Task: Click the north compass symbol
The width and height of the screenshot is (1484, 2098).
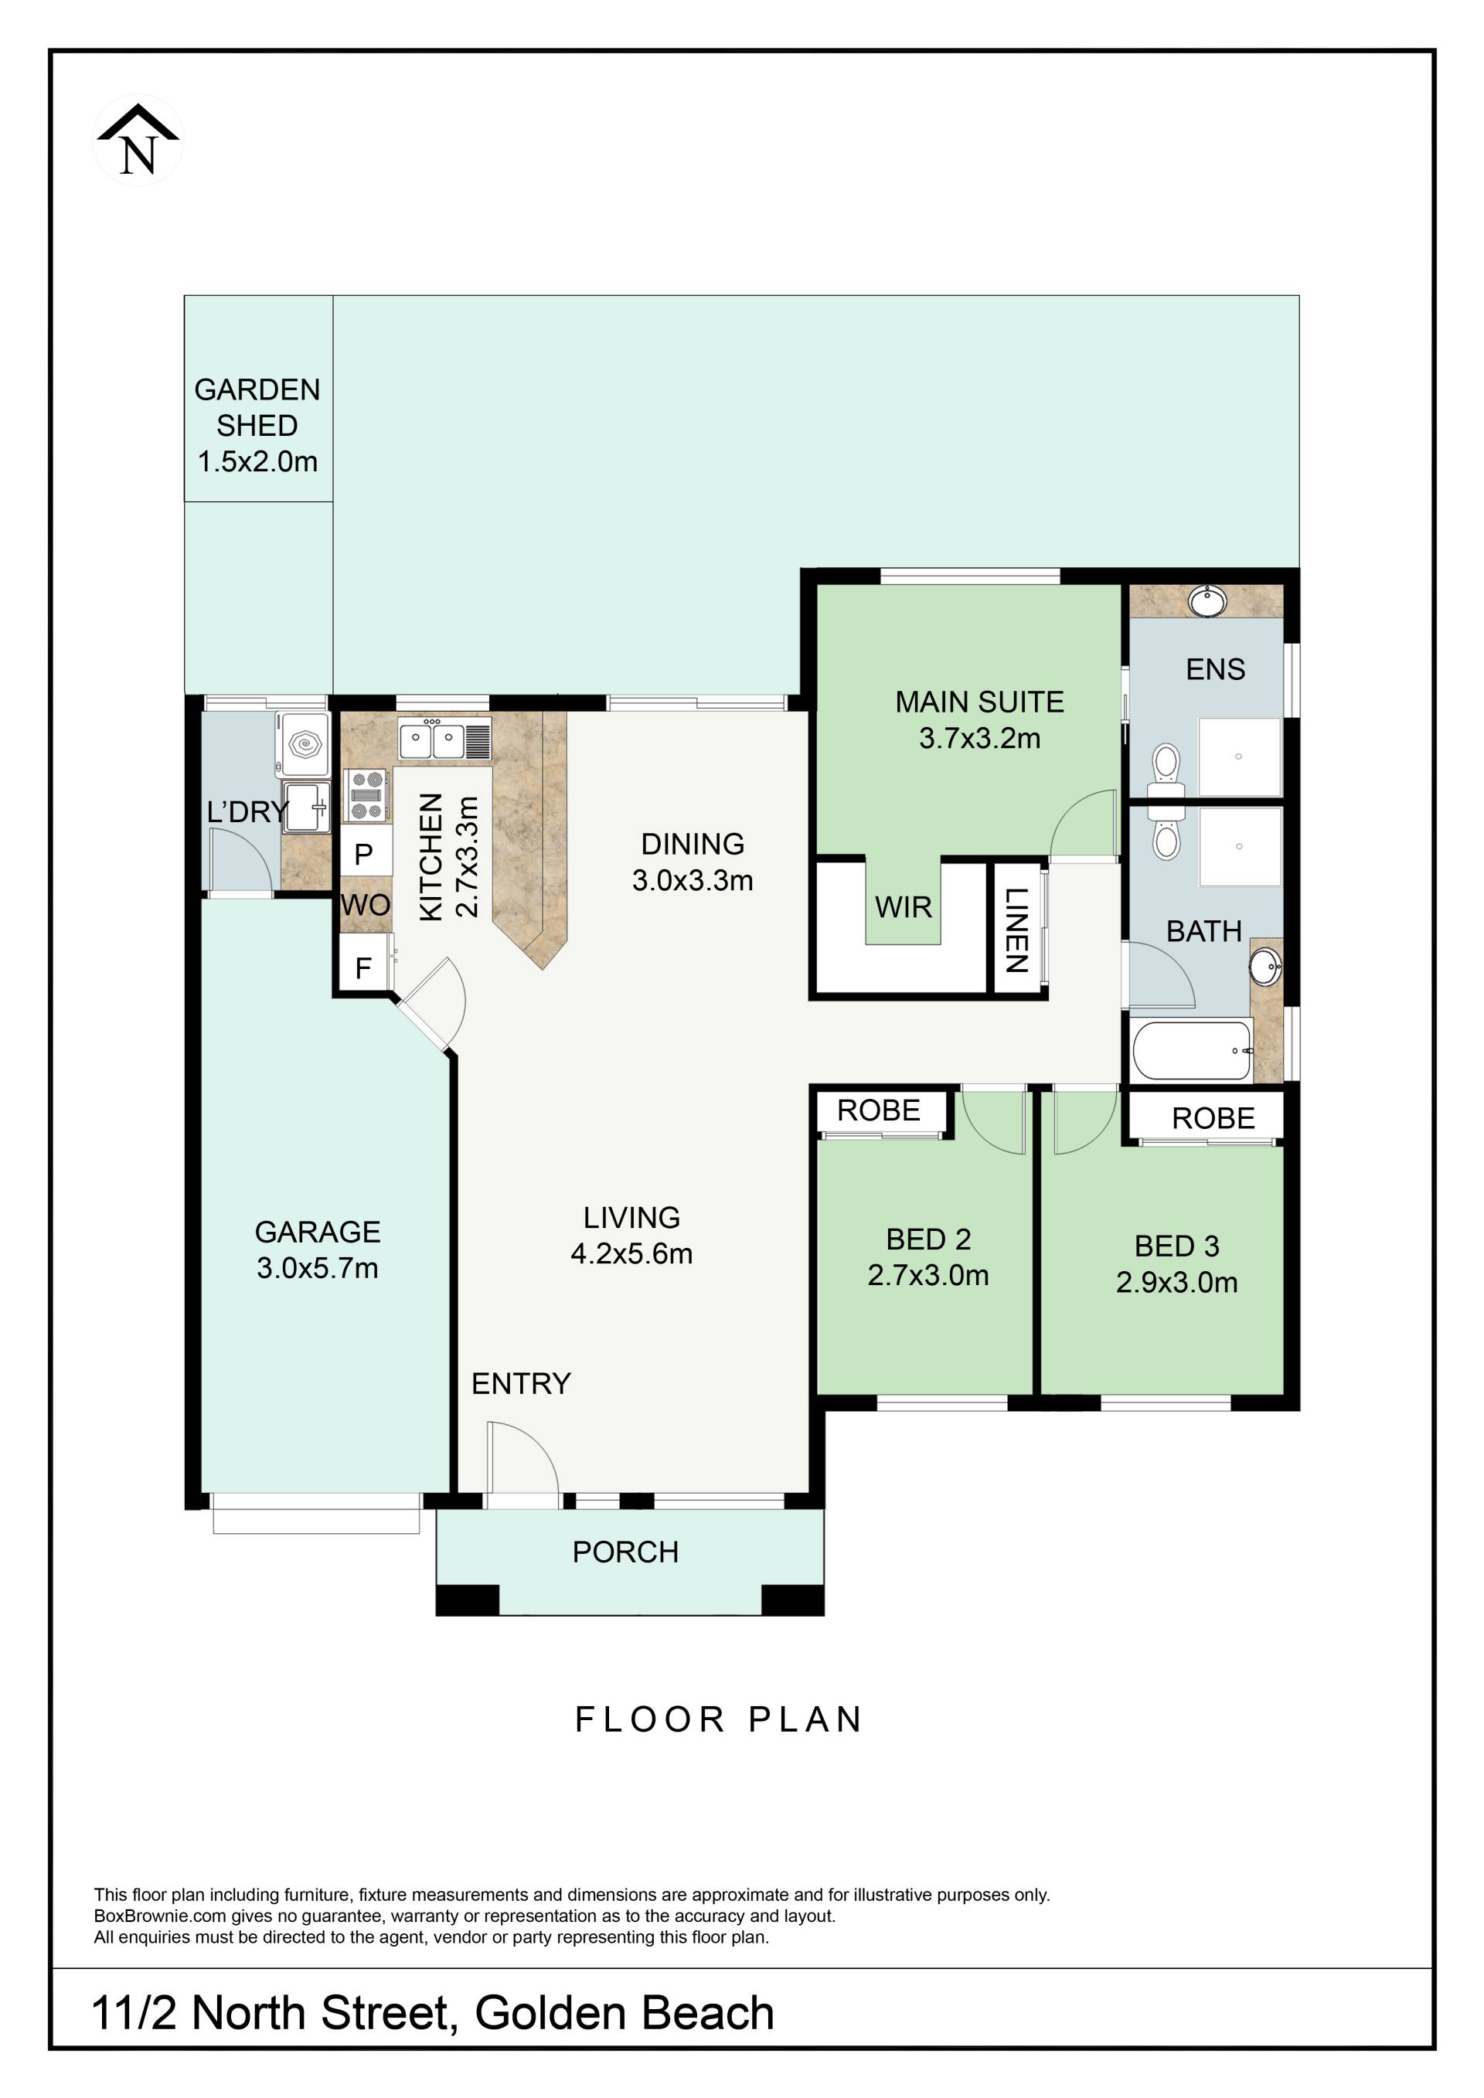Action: [x=138, y=140]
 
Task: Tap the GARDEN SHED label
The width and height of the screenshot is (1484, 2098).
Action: [x=257, y=407]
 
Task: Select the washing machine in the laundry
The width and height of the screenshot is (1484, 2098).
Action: [x=305, y=745]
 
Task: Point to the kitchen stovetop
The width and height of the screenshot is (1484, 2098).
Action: [x=366, y=795]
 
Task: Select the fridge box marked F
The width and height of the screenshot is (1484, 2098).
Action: [x=362, y=967]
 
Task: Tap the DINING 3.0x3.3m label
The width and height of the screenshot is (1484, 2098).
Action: [x=693, y=862]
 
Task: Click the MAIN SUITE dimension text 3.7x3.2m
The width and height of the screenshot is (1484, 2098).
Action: [x=979, y=737]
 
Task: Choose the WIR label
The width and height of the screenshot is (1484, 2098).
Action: [x=903, y=906]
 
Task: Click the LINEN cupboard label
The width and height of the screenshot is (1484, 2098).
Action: [x=1017, y=930]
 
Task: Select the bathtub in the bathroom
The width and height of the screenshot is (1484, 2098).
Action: [x=1192, y=1050]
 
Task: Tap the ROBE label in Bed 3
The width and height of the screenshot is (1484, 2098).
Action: [x=1213, y=1117]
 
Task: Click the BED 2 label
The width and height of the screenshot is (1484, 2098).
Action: [x=927, y=1239]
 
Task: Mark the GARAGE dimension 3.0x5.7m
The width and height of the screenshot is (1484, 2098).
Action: [x=317, y=1267]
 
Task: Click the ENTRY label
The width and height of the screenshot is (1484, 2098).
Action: [x=521, y=1383]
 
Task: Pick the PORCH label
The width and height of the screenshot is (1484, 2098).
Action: [x=625, y=1552]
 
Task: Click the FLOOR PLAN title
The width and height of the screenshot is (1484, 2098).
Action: [x=718, y=1719]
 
